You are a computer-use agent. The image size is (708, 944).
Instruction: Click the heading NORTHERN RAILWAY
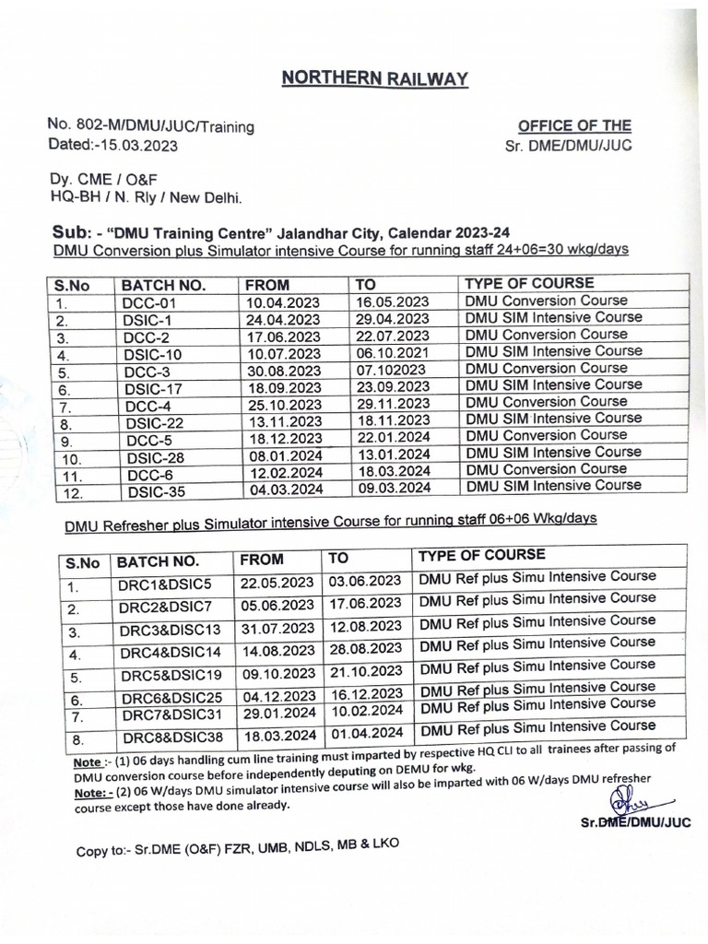click(375, 79)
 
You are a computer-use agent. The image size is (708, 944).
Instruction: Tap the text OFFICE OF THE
click(574, 126)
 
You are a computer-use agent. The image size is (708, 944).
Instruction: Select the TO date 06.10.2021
click(392, 352)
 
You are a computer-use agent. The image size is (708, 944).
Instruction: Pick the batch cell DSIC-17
click(153, 387)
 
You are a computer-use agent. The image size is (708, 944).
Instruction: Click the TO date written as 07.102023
click(391, 370)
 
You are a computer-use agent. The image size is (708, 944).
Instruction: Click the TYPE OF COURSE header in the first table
click(529, 283)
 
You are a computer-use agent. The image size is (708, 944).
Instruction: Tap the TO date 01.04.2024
click(365, 734)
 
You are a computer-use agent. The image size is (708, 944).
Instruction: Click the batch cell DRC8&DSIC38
click(170, 738)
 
